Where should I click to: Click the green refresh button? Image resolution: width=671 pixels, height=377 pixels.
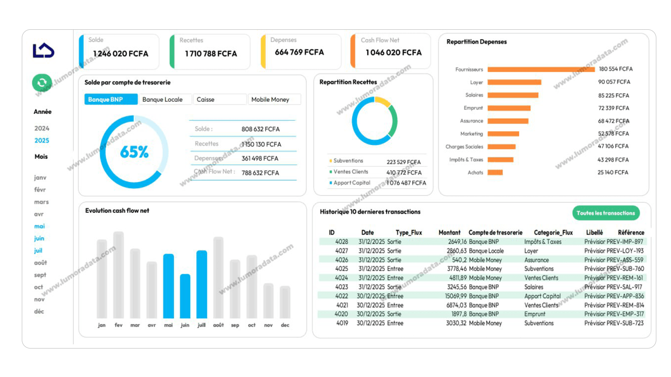click(x=42, y=83)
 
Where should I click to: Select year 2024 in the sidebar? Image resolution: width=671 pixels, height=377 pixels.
click(x=42, y=128)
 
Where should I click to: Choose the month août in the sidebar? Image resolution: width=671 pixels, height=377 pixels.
click(x=40, y=263)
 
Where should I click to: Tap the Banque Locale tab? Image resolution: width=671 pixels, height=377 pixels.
click(x=165, y=99)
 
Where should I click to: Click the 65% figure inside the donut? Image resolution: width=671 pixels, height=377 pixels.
click(x=134, y=152)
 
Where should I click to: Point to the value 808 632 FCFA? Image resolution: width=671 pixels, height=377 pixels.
click(x=260, y=129)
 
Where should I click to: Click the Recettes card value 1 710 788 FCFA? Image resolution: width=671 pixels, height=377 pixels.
click(x=211, y=54)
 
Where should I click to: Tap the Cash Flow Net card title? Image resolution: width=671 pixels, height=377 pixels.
click(x=380, y=40)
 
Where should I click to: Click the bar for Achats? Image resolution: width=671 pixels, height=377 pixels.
click(x=495, y=173)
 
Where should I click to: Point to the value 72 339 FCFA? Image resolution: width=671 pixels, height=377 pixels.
click(x=613, y=108)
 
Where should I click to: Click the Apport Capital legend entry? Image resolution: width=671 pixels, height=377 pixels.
click(x=351, y=183)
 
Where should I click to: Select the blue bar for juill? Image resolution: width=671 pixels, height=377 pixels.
click(x=202, y=285)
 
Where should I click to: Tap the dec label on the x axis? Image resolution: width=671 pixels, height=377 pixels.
click(x=285, y=325)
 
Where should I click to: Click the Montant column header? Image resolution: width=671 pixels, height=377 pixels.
click(x=449, y=232)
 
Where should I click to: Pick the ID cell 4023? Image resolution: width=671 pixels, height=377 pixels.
click(x=342, y=287)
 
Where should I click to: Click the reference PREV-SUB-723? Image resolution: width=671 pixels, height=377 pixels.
click(x=625, y=323)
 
